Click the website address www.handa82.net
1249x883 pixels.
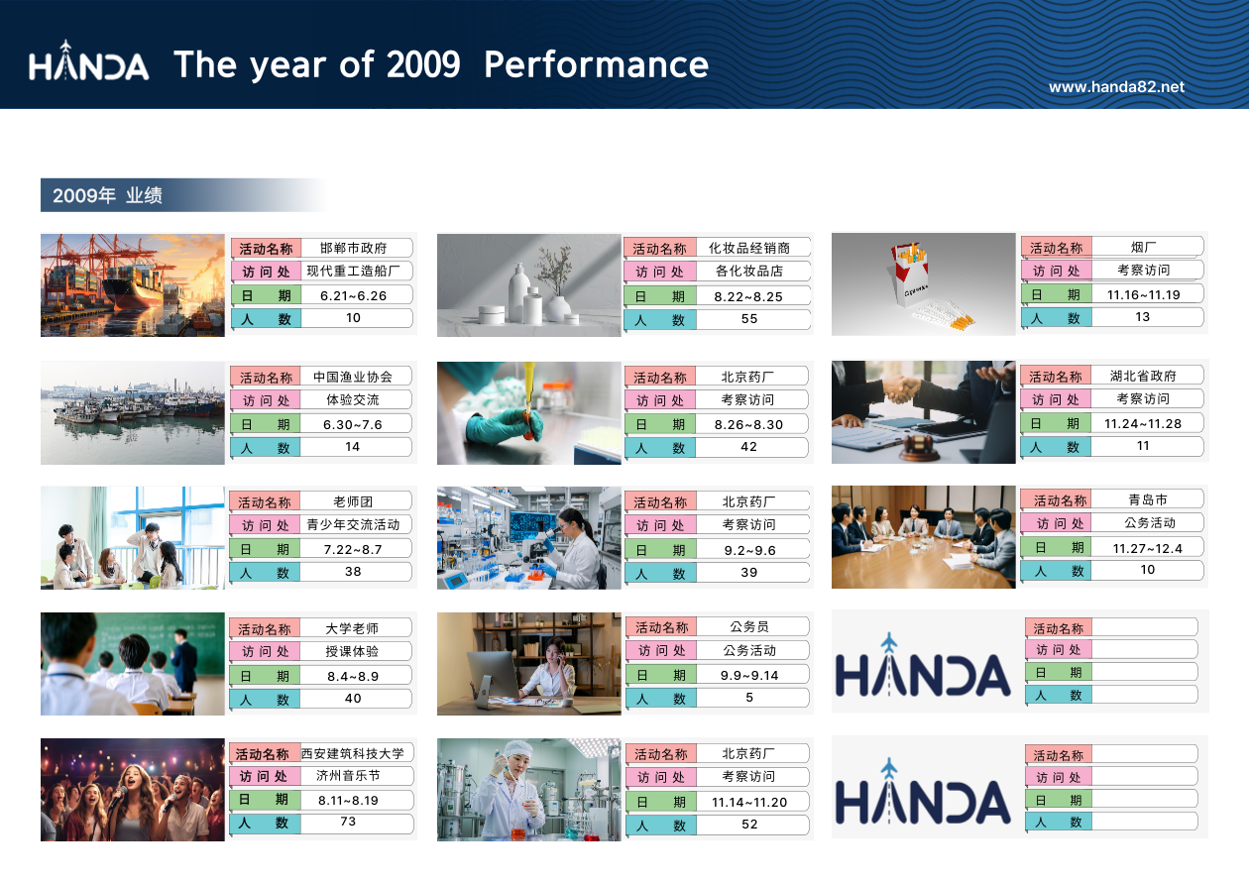[x=1116, y=87]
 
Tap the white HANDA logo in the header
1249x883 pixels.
[x=88, y=60]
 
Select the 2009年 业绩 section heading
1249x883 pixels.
[x=107, y=195]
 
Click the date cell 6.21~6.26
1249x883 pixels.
[x=353, y=295]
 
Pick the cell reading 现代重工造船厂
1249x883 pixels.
[x=353, y=271]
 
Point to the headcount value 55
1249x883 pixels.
[x=748, y=319]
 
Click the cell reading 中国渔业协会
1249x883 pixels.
[x=353, y=377]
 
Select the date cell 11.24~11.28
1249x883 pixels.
[x=1143, y=424]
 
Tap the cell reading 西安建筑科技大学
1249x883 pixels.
[x=353, y=753]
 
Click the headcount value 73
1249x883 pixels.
[x=348, y=822]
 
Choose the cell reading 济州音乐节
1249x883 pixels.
[x=348, y=775]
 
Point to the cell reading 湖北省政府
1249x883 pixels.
[x=1143, y=376]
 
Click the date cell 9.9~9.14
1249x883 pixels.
[x=748, y=676]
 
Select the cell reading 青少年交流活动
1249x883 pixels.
[x=353, y=524]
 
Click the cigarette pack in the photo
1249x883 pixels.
[x=910, y=274]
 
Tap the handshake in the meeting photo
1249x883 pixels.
[x=902, y=387]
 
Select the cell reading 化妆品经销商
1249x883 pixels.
[x=748, y=248]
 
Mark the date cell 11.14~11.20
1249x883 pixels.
[x=748, y=802]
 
